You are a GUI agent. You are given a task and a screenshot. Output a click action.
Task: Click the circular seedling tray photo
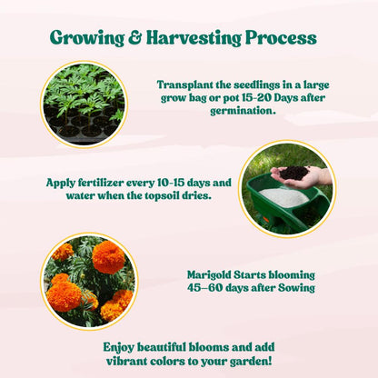(x=84, y=104)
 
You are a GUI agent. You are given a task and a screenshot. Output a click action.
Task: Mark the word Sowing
(x=294, y=287)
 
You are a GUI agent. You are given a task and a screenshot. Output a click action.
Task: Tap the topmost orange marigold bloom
(x=109, y=257)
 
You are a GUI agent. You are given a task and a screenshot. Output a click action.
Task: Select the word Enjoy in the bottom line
(x=121, y=347)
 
